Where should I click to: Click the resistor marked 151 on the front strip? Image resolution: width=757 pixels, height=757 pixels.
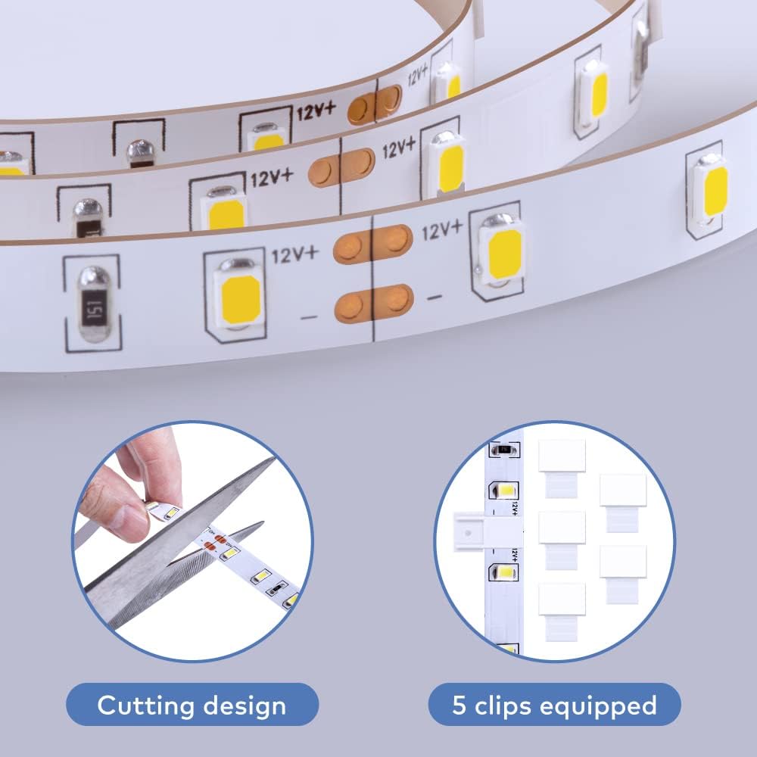(x=92, y=304)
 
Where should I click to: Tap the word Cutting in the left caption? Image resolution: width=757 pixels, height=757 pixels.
(x=144, y=706)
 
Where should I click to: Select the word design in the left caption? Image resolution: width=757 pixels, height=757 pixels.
(x=241, y=706)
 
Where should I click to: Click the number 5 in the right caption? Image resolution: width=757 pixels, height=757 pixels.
(x=459, y=706)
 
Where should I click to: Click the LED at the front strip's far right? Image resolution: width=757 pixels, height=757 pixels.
(x=711, y=188)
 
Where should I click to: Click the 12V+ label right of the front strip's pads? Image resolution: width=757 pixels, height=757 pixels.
(x=442, y=231)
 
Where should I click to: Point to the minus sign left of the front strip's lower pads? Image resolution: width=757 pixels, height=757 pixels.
(x=308, y=316)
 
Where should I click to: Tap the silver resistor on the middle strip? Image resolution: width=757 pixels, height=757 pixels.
(x=87, y=215)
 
